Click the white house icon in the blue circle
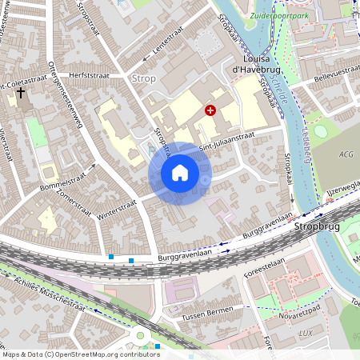click(180, 172)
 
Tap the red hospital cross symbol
click(211, 111)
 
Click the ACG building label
click(345, 154)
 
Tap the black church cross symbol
click(20, 93)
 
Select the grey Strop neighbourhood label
click(144, 78)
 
